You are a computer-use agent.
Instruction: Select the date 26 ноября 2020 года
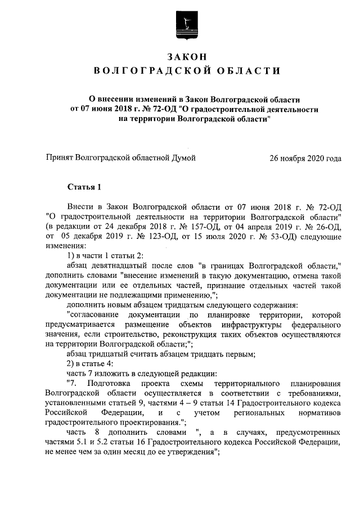(x=305, y=158)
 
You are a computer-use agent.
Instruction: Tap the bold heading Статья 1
(x=84, y=186)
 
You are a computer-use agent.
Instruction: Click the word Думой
(x=183, y=158)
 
